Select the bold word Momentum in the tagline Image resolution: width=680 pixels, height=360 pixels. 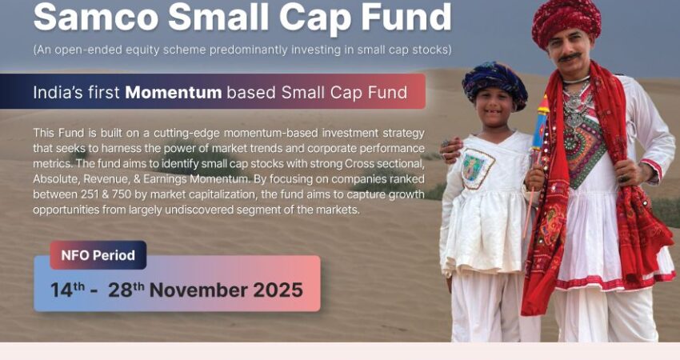pos(174,92)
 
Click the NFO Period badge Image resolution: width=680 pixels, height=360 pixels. pos(98,255)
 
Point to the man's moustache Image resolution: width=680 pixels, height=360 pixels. pos(570,58)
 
